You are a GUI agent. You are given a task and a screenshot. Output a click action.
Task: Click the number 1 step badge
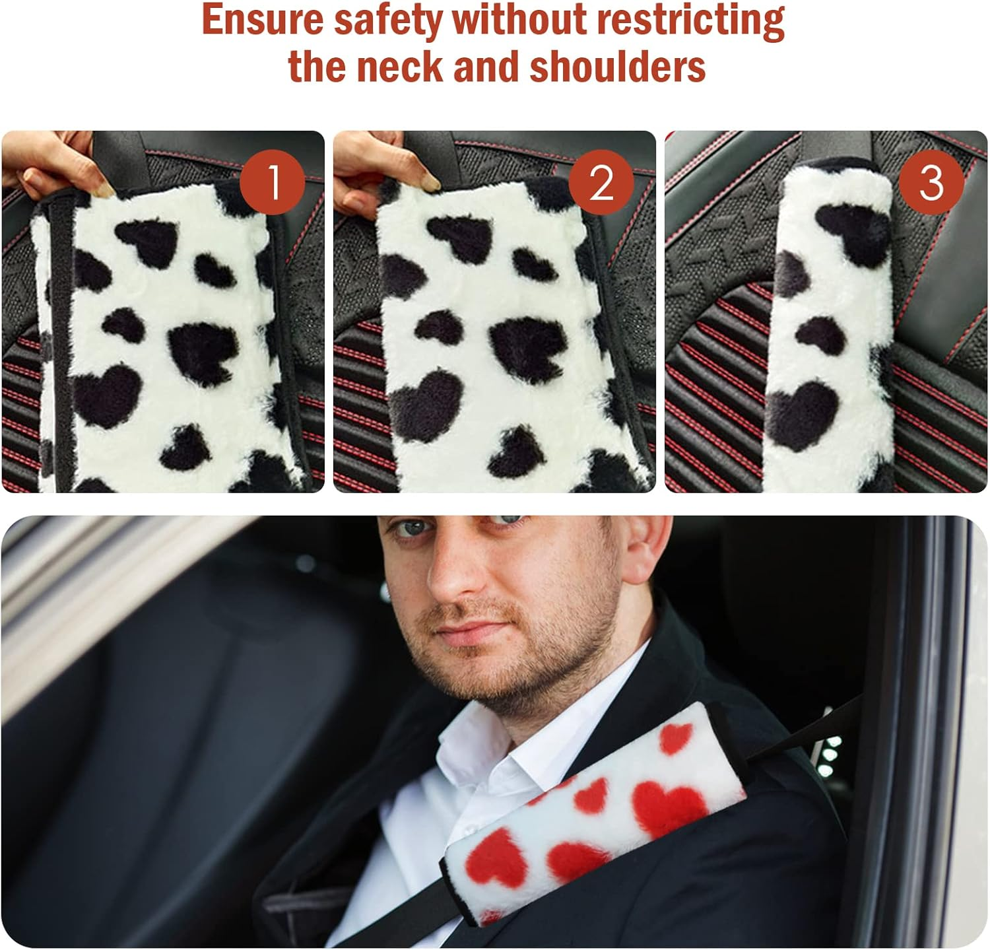pos(272,182)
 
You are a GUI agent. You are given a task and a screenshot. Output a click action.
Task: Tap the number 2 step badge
pos(601,182)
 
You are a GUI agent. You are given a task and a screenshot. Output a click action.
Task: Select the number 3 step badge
pos(931,182)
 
